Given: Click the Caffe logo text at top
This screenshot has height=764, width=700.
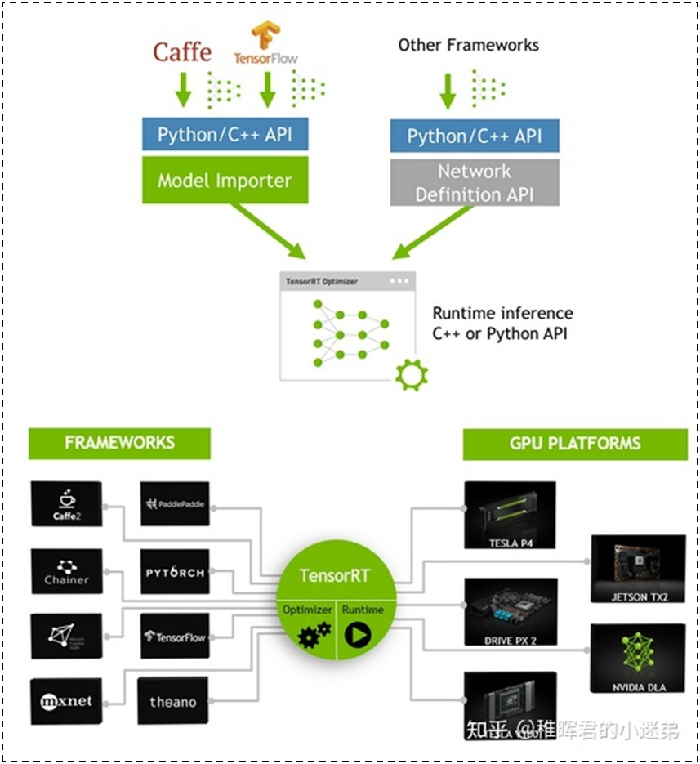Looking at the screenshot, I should (x=181, y=53).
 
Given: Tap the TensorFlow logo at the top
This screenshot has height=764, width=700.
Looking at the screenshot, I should (x=265, y=44).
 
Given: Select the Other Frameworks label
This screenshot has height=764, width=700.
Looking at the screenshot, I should (x=468, y=45).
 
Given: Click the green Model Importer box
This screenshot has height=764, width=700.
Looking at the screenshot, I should (x=225, y=181).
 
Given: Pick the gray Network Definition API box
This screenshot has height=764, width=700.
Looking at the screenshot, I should (x=475, y=182).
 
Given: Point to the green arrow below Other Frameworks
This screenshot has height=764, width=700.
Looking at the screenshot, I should (x=448, y=92).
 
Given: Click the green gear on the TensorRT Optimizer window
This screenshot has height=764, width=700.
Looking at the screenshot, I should (x=410, y=374).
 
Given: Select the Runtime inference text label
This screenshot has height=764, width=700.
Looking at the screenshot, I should (x=502, y=324).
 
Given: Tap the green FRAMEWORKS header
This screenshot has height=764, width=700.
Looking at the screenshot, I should (x=119, y=443).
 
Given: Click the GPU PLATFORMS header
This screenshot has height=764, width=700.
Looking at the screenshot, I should (x=574, y=444).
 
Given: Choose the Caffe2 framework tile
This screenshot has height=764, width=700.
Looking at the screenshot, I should (x=66, y=503).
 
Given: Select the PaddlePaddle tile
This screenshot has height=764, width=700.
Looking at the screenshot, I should (x=175, y=503).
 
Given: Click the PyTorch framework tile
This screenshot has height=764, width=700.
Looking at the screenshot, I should (x=175, y=572).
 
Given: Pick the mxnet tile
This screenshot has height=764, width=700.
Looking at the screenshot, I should (x=66, y=701).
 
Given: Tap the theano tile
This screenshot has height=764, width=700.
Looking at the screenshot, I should (x=173, y=701).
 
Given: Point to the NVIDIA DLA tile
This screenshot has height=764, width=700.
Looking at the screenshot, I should (x=638, y=659).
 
